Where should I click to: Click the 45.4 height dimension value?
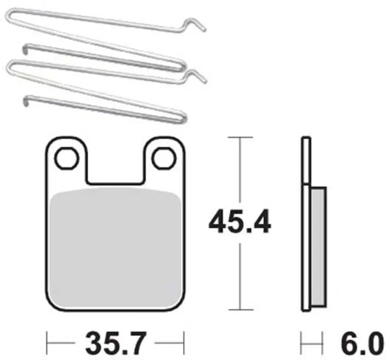(239, 221)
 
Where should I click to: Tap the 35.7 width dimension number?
(115, 343)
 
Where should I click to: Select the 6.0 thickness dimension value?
(362, 344)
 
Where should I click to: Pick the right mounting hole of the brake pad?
(164, 158)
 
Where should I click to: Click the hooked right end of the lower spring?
(196, 76)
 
